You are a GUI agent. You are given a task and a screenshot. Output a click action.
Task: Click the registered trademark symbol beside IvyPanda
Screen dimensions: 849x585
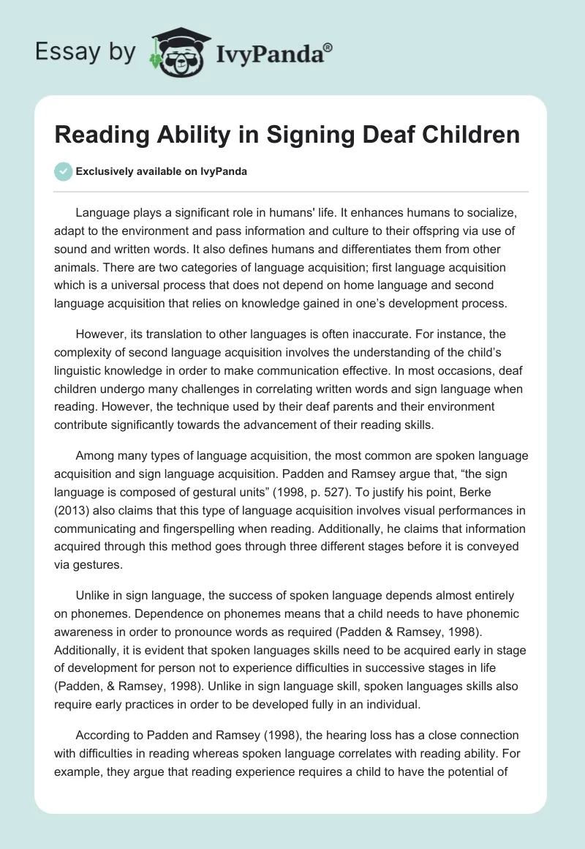click(328, 46)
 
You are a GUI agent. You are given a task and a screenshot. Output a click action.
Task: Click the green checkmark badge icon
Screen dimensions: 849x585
click(63, 171)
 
